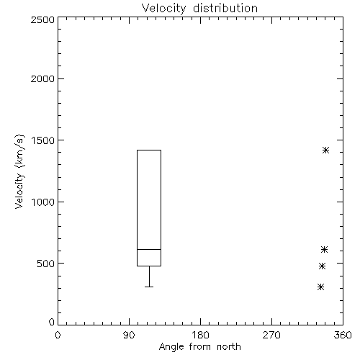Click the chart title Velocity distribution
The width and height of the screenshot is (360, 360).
click(199, 9)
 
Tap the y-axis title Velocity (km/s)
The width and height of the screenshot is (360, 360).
click(19, 171)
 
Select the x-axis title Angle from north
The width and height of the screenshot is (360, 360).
click(199, 347)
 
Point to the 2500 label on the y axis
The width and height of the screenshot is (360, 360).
click(42, 19)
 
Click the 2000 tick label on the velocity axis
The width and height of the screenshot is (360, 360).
click(42, 78)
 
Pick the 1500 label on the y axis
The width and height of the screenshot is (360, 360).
click(43, 140)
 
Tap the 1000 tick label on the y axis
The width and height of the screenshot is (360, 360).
click(43, 202)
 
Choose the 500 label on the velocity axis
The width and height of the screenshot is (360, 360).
click(46, 264)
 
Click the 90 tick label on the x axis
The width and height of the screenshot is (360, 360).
click(129, 335)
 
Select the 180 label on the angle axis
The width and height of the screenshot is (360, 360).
click(200, 335)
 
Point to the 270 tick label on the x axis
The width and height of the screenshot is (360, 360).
click(271, 335)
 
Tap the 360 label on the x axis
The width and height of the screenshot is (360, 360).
click(343, 335)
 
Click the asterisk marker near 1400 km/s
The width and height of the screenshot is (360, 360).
click(325, 150)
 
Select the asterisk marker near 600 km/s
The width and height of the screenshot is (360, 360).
click(324, 250)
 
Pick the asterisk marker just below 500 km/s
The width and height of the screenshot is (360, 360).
click(322, 266)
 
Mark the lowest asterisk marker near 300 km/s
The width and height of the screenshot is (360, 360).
click(320, 287)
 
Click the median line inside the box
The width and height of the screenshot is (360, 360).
click(149, 249)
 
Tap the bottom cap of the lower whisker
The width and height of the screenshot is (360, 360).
click(149, 287)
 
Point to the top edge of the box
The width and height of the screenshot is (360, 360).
click(149, 150)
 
